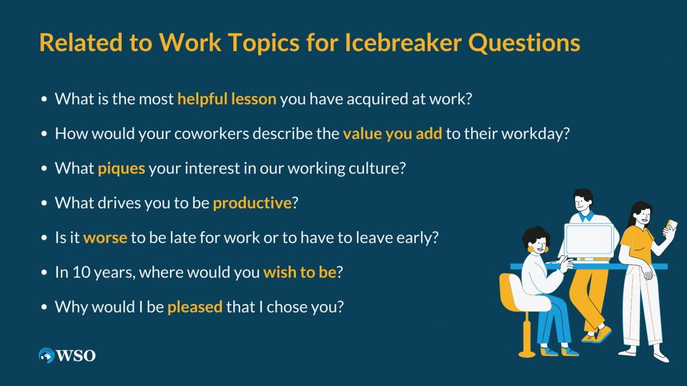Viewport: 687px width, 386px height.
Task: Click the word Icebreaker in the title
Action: point(403,42)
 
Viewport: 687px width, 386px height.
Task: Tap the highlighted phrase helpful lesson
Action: point(227,99)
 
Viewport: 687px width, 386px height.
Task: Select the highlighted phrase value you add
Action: point(392,134)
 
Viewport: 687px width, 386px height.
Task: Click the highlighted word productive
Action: point(253,203)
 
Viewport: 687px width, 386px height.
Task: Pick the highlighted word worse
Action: point(105,238)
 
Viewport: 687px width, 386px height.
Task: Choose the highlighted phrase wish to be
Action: point(300,272)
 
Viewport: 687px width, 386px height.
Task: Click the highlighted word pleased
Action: point(195,307)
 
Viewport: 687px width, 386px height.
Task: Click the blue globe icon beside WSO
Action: point(46,355)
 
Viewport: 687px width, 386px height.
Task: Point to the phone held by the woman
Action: point(670,227)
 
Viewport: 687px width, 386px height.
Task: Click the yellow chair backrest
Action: point(510,292)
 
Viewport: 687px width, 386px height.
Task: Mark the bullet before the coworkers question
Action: point(44,134)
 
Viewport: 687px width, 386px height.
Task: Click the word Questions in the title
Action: point(524,43)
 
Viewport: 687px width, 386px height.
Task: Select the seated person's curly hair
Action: point(535,236)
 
